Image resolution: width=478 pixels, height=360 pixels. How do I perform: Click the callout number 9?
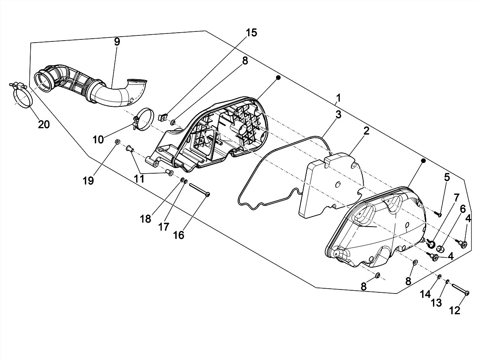coord(117,41)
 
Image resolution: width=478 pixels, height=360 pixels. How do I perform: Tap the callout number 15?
coord(251,32)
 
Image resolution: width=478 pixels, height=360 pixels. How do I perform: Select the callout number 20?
coord(44,124)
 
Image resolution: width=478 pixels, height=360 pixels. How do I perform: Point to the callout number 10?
coord(98,139)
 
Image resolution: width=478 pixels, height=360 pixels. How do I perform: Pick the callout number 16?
coord(178,235)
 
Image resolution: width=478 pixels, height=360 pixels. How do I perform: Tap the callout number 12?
coord(455,310)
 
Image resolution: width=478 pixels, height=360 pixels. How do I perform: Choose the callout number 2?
coord(366,131)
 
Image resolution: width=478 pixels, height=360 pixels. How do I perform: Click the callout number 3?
coord(338,114)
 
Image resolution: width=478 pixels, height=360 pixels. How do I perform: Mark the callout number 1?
coord(338,98)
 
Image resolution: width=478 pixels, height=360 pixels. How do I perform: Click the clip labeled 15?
coord(163,118)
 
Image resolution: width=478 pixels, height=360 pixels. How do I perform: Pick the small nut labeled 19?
coord(117,142)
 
